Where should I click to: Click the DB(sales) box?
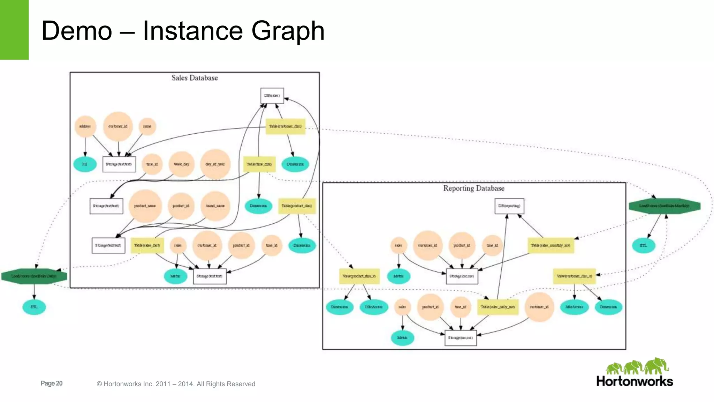272,96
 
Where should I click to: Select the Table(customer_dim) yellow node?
285,126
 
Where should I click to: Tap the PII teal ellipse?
85,164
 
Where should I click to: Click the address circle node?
85,126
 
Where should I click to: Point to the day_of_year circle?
215,164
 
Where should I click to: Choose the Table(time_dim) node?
259,164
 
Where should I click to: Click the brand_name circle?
215,206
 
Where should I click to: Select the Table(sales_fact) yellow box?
147,245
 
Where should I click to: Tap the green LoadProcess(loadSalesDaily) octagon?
34,276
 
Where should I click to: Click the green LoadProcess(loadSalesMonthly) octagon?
664,206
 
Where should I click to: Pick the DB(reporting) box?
509,206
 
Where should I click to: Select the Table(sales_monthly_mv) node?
550,245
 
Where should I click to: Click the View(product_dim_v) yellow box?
359,276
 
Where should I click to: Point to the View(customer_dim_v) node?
574,276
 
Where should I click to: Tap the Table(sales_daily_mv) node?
497,307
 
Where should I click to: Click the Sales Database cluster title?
195,78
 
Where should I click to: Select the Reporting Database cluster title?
474,188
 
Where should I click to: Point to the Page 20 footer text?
52,383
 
